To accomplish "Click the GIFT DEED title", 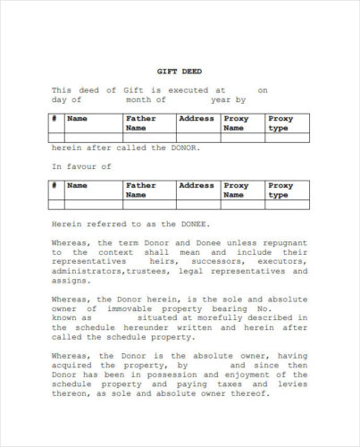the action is (179, 72).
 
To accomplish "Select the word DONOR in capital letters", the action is (177, 148).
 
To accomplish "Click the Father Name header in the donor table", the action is (140, 122).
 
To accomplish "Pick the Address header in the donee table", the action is (196, 185).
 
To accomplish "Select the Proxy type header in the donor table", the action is (280, 122).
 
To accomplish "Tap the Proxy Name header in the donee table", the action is (236, 190).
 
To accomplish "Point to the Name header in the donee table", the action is (78, 185).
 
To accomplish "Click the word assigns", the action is (68, 280).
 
